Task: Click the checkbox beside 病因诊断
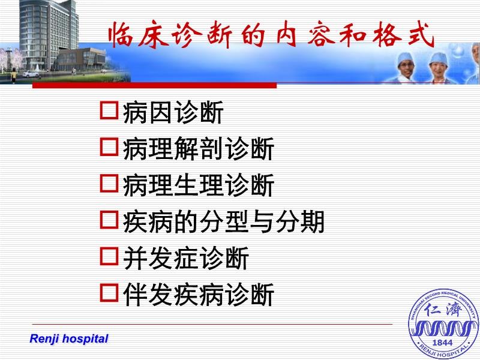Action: click(x=109, y=110)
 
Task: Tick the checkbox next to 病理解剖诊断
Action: click(x=109, y=146)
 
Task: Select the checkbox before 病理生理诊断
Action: click(x=109, y=183)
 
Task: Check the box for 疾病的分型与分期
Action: click(x=109, y=220)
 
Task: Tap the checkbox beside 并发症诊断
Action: click(x=109, y=256)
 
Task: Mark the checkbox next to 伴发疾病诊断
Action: click(x=109, y=292)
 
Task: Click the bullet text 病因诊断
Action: click(x=173, y=112)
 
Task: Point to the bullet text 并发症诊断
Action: click(x=186, y=258)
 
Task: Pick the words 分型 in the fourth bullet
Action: click(x=224, y=221)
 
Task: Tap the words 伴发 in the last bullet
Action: click(x=148, y=295)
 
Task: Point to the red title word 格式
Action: click(x=403, y=34)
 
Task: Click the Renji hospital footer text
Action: click(x=69, y=338)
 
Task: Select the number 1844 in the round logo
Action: click(x=442, y=343)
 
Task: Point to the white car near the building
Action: click(x=31, y=74)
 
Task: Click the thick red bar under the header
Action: click(x=155, y=85)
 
